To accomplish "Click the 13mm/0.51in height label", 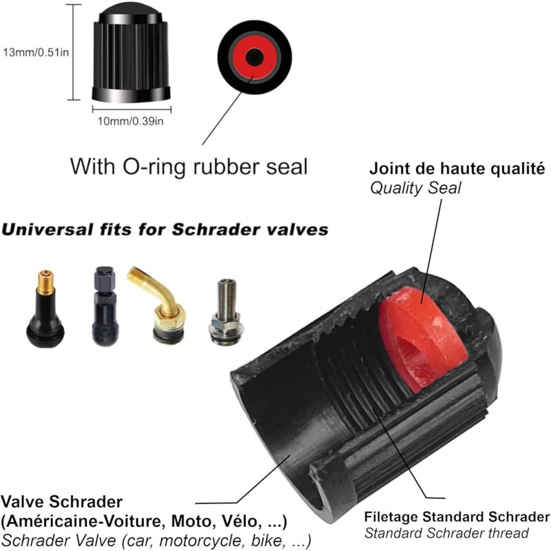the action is (36, 53).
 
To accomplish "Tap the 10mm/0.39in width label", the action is (130, 121).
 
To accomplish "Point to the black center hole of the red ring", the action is (254, 57).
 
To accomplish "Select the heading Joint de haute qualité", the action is (457, 169).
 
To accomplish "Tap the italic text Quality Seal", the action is (415, 188).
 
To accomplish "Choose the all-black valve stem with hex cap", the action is (105, 306).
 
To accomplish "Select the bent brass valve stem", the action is (160, 304).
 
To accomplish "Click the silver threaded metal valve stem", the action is (225, 312).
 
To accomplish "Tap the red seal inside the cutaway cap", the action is (422, 339).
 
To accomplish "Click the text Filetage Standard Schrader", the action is (457, 517).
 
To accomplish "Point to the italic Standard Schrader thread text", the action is (446, 533).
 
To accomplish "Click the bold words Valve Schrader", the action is (62, 501).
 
